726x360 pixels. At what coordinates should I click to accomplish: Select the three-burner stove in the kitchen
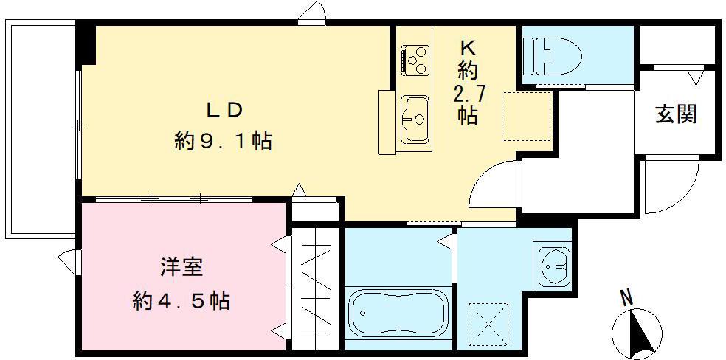415,58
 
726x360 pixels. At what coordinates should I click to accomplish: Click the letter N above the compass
626,298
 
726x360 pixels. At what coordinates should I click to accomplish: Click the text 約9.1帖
223,140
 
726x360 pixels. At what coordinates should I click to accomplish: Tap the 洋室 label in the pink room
181,268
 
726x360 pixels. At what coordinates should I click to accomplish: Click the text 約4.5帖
181,300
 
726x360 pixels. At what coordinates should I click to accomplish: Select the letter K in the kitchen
467,47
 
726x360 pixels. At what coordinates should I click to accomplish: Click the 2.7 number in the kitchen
467,93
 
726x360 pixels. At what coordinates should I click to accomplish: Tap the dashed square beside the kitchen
526,116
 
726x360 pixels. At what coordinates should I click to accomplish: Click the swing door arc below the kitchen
493,184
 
